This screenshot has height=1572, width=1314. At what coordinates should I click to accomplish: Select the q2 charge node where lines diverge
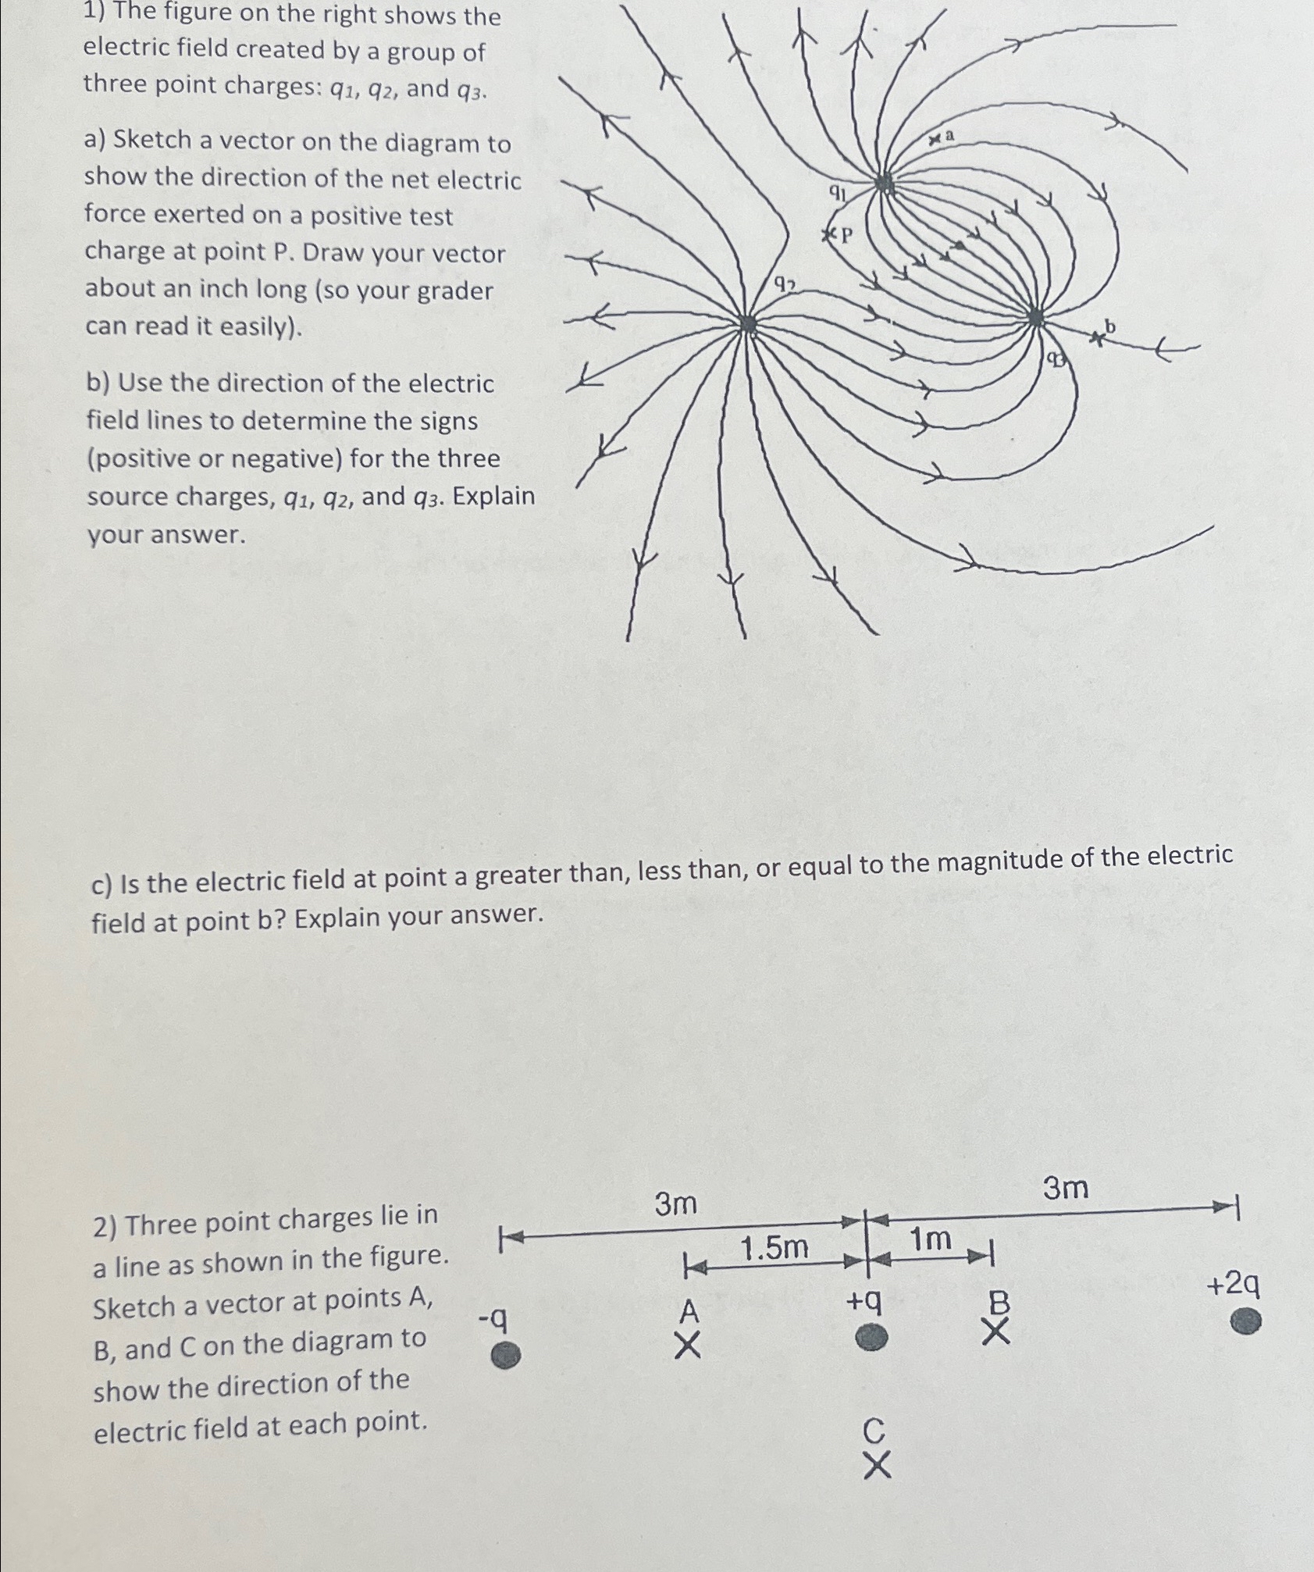(x=748, y=324)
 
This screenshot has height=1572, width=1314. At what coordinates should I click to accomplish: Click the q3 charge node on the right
(x=1035, y=317)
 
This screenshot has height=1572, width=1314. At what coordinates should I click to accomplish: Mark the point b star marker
(x=1098, y=338)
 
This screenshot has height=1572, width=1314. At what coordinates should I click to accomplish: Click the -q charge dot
(x=506, y=1355)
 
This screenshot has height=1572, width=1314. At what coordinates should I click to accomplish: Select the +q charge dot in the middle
(x=871, y=1338)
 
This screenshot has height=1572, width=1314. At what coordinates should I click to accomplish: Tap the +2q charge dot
(x=1246, y=1321)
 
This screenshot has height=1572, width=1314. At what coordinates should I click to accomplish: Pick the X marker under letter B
(x=995, y=1331)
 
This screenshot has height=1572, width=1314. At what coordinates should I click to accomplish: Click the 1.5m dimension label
(x=774, y=1248)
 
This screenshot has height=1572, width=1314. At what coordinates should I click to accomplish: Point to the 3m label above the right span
(x=1066, y=1189)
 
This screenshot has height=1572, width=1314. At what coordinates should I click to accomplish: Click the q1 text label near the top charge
(x=837, y=192)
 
